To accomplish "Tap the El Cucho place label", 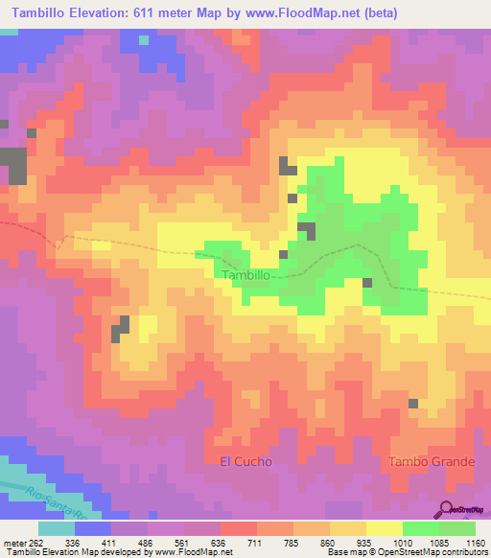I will [x=245, y=461].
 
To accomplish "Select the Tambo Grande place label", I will [x=431, y=461].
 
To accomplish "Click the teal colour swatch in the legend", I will [x=56, y=528].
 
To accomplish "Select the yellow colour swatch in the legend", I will [x=384, y=528].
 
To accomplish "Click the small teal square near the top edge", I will [x=144, y=40].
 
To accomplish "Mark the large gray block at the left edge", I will [x=13, y=165].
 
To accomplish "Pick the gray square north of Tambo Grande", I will [x=413, y=404].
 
